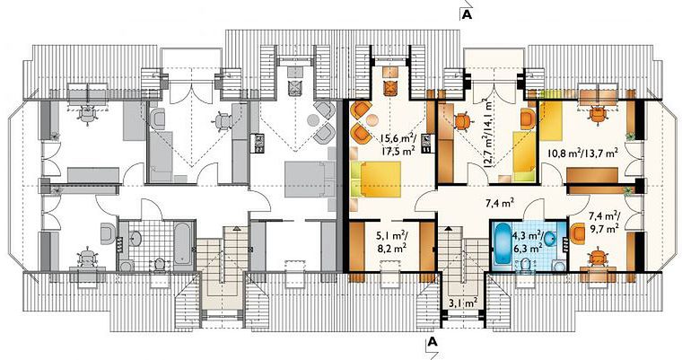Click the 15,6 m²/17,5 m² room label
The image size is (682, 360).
pos(398,144)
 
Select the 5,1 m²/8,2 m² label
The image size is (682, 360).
pos(391,242)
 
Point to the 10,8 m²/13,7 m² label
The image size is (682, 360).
pos(582,154)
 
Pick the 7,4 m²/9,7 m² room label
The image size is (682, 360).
pos(604,222)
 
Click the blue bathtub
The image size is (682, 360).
pos(504,243)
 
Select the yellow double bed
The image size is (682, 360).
pos(376,179)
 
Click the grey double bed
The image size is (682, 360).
pos(310,180)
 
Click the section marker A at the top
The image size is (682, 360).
pos(467,14)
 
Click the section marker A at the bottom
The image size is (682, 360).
pos(432,341)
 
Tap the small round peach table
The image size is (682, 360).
pos(372,120)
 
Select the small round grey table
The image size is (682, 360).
pos(312,119)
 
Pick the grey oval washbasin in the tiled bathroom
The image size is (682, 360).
pos(136,239)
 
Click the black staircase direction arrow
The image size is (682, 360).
pos(449,228)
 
